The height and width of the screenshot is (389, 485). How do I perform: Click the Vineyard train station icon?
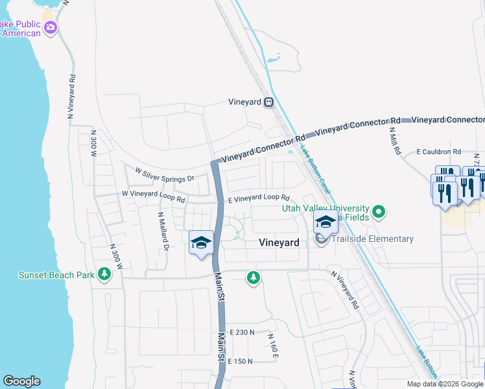click(x=268, y=102)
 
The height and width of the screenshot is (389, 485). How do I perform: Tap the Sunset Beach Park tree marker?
click(x=104, y=275)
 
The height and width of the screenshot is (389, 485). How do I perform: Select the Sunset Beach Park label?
click(x=57, y=275)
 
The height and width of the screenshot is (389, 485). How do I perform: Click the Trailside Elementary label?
click(x=372, y=239)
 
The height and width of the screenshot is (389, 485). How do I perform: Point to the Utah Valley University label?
click(x=325, y=208)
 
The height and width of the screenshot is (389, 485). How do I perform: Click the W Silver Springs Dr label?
click(x=165, y=174)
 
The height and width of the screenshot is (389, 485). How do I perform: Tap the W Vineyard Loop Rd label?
click(x=154, y=193)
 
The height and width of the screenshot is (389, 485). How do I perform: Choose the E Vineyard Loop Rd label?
click(x=258, y=198)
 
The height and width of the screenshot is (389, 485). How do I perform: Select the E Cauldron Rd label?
click(x=438, y=152)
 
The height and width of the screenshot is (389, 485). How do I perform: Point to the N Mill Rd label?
click(x=395, y=139)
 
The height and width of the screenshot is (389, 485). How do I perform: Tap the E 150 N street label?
click(x=240, y=361)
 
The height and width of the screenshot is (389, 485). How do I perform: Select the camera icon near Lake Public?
click(x=51, y=28)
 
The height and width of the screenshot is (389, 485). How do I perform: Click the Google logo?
click(x=21, y=381)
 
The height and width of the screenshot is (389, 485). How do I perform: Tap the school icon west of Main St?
click(x=201, y=243)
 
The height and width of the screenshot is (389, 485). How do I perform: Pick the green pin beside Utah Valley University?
click(x=380, y=211)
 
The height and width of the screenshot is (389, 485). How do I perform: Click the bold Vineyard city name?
click(x=279, y=242)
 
